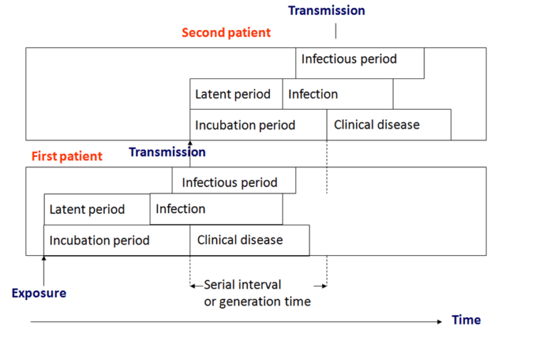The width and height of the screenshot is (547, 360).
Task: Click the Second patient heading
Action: pos(226,33)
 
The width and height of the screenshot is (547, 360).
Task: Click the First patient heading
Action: pos(67,156)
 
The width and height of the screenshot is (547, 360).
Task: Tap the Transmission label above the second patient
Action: pos(326,11)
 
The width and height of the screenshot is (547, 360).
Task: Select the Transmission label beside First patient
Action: pos(167,152)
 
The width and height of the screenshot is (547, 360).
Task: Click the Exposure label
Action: pos(39,293)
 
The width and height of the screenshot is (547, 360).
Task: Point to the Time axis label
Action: pos(466,320)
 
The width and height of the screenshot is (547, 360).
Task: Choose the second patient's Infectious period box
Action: pos(360,63)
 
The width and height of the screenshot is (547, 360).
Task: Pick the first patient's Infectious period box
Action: pos(234,182)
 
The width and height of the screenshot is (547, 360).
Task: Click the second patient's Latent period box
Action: pos(236,94)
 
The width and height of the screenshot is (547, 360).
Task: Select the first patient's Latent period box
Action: pos(96,210)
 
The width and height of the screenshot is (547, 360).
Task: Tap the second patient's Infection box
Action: pos(338,94)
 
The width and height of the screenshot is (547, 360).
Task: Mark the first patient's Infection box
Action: pos(216,210)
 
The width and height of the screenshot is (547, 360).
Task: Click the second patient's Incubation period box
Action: pos(258,125)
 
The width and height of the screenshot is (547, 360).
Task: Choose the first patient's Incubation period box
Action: pos(116,240)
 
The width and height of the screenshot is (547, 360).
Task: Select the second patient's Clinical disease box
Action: pos(388,125)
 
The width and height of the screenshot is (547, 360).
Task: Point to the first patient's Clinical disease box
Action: pos(249,240)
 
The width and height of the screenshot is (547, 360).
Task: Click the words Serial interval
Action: pos(242,285)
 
